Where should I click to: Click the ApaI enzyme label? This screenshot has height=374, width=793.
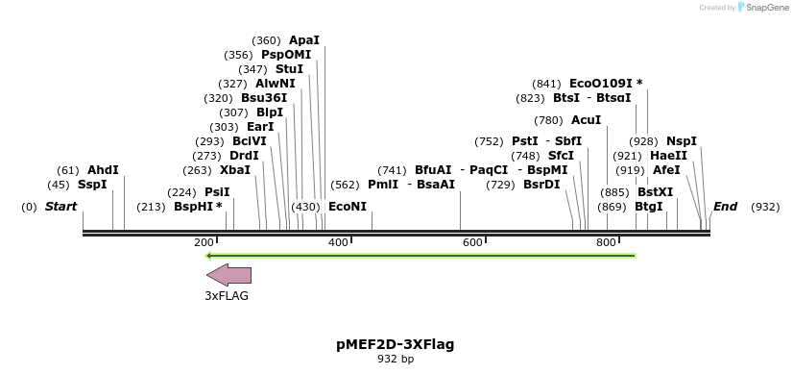pos(304,40)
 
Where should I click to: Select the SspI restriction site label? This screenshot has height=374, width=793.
pos(92,185)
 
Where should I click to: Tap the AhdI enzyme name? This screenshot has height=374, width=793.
pos(103,170)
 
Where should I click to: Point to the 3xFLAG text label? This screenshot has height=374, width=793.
pos(227,296)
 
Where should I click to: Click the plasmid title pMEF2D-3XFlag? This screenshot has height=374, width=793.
pos(396,343)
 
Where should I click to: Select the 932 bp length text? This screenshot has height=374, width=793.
pos(396,359)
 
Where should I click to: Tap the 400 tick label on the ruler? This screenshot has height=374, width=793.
pos(338,243)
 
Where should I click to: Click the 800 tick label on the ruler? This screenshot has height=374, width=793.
pos(606,243)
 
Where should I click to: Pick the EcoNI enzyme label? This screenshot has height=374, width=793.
pos(348,207)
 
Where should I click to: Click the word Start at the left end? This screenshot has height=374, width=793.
pos(60,207)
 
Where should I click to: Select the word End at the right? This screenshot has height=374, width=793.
pos(725,207)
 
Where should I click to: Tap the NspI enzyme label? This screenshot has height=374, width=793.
pos(682,141)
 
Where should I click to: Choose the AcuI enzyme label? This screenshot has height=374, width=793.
pos(586,120)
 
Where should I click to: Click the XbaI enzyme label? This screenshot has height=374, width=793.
pos(235,170)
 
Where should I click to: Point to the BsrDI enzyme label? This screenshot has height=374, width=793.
pos(541,185)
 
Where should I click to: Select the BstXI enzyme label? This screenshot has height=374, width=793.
pos(655,191)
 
